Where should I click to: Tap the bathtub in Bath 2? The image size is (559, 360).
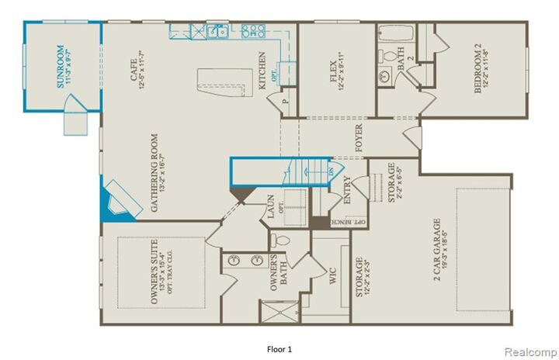pyautogui.click(x=396, y=35)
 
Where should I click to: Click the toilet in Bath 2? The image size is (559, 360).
pyautogui.click(x=389, y=56)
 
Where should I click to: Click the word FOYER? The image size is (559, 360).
pyautogui.click(x=359, y=137)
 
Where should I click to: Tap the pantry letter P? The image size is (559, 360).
pyautogui.click(x=286, y=100)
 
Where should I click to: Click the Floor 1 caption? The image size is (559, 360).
pyautogui.click(x=279, y=348)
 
